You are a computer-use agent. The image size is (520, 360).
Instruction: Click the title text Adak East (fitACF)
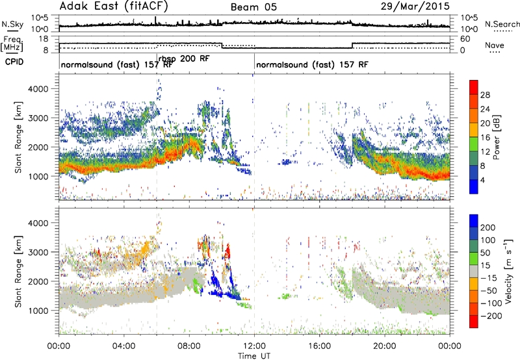(114, 6)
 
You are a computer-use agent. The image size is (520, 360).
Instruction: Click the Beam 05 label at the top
(253, 7)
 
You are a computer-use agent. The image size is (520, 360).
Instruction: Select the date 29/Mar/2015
(415, 6)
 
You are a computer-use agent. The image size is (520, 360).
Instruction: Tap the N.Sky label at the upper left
(12, 24)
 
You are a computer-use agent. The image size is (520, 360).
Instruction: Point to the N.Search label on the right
(502, 24)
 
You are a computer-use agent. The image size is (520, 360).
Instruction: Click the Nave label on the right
(495, 45)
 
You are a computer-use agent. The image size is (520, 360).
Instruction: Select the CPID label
(14, 62)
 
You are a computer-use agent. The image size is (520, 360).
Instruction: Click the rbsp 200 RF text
(184, 58)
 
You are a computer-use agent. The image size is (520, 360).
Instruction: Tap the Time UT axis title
(254, 356)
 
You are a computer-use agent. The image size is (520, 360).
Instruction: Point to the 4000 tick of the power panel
(38, 89)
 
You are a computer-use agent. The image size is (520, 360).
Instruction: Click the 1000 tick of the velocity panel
(38, 311)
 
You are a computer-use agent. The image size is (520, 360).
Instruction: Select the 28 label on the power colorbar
(485, 95)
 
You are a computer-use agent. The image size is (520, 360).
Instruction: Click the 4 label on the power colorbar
(482, 180)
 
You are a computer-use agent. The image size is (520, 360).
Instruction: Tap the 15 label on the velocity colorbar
(485, 265)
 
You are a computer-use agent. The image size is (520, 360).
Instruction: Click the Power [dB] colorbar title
(496, 138)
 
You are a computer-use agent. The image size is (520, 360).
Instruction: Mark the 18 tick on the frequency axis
(44, 39)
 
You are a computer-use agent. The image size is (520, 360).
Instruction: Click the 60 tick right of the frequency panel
(465, 39)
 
